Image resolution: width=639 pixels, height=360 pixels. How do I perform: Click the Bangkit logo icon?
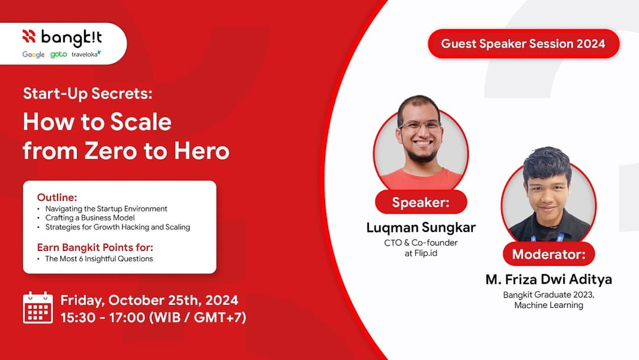tap(30, 37)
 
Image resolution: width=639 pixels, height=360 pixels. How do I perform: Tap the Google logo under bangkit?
tap(34, 54)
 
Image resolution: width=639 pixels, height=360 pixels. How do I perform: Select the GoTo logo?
tap(59, 54)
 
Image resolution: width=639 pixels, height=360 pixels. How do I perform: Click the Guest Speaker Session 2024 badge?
tap(523, 44)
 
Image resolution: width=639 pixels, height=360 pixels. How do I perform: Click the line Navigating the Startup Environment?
tap(106, 208)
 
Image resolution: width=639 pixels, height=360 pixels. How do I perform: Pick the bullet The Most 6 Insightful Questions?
tap(99, 258)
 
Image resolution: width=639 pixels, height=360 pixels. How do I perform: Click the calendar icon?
tap(38, 308)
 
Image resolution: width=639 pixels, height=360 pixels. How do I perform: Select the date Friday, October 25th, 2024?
tap(150, 300)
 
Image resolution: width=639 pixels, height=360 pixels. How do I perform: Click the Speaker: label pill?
tap(421, 202)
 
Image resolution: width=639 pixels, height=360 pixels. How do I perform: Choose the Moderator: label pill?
tap(548, 255)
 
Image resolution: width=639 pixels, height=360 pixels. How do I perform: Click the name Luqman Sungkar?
tap(421, 227)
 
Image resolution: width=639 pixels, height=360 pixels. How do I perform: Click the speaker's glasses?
tap(420, 126)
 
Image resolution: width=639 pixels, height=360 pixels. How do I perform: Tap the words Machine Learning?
tap(548, 305)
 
